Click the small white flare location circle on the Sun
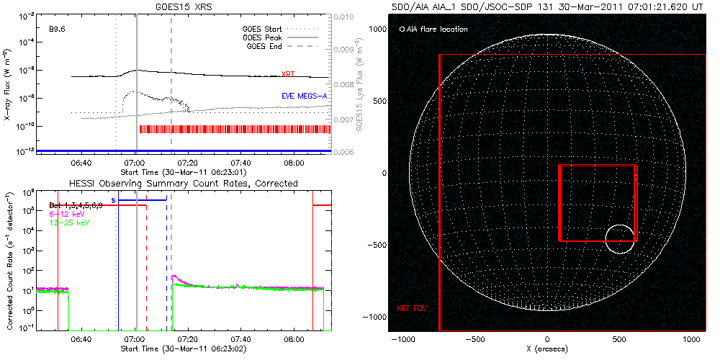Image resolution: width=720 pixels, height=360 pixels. [619, 239]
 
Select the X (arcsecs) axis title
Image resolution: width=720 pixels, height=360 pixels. [549, 348]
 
